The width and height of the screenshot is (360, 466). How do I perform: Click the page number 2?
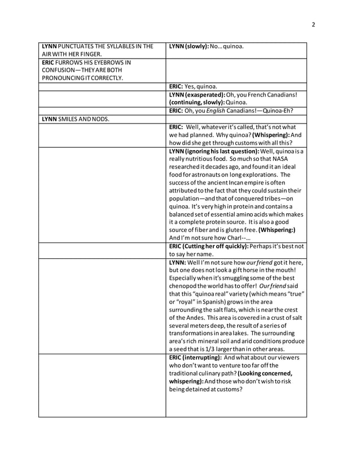pyautogui.click(x=313, y=24)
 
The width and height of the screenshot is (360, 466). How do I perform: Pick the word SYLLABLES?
pyautogui.click(x=122, y=46)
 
